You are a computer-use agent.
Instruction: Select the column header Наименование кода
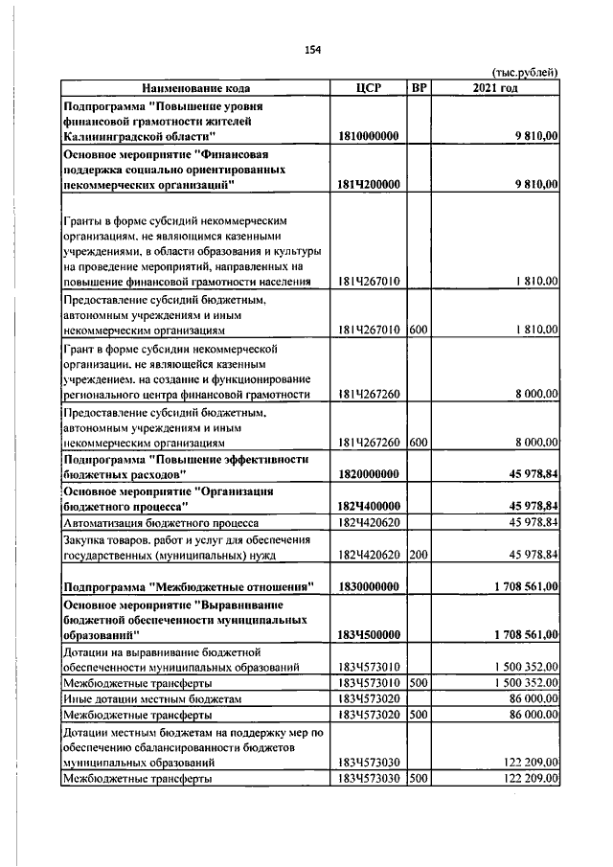coord(194,88)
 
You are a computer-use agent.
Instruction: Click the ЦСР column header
coord(368,88)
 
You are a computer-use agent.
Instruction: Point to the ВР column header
coord(419,88)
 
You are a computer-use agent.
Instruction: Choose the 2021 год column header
coord(495,88)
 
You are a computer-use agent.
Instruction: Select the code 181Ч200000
coord(369,183)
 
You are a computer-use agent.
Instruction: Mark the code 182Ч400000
coord(369,505)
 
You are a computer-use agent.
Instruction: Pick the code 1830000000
coord(369,585)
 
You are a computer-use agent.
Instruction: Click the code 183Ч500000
coord(369,634)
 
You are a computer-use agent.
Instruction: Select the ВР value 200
coord(418,555)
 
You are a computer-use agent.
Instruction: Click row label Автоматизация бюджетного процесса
coord(159,523)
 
